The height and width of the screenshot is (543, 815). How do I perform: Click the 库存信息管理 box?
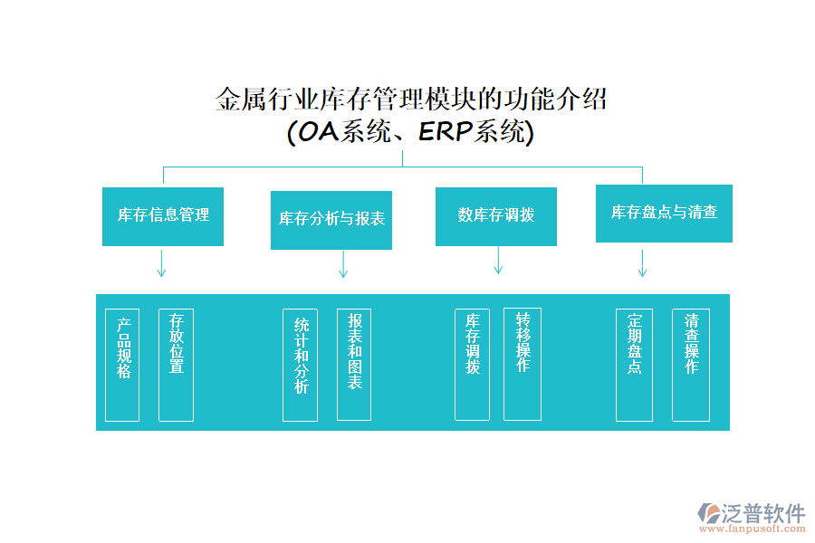[x=163, y=215]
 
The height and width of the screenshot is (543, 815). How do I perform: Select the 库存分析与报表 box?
[x=331, y=220]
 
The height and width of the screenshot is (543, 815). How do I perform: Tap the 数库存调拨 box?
[x=496, y=215]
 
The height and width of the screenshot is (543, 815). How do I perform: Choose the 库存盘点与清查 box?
[x=664, y=213]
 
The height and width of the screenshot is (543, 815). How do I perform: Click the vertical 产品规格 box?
[x=122, y=365]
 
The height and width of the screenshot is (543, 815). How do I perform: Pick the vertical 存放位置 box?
[x=176, y=365]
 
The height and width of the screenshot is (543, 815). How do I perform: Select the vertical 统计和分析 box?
[x=300, y=365]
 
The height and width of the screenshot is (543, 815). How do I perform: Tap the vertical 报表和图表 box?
[x=354, y=365]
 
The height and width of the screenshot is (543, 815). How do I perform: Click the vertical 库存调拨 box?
[x=472, y=365]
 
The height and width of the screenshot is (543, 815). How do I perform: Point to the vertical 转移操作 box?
[x=523, y=365]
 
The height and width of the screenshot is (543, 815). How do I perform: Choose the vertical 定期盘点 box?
[x=634, y=365]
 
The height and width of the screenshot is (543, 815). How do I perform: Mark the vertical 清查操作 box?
[x=691, y=365]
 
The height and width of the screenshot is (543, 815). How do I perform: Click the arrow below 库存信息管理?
[x=162, y=263]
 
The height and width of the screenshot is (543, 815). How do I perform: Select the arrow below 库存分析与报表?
[x=343, y=265]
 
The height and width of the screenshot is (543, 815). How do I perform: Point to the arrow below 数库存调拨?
[x=498, y=261]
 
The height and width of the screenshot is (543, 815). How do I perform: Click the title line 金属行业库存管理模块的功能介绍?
[x=410, y=99]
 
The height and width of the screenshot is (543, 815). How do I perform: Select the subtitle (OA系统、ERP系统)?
[x=410, y=132]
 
